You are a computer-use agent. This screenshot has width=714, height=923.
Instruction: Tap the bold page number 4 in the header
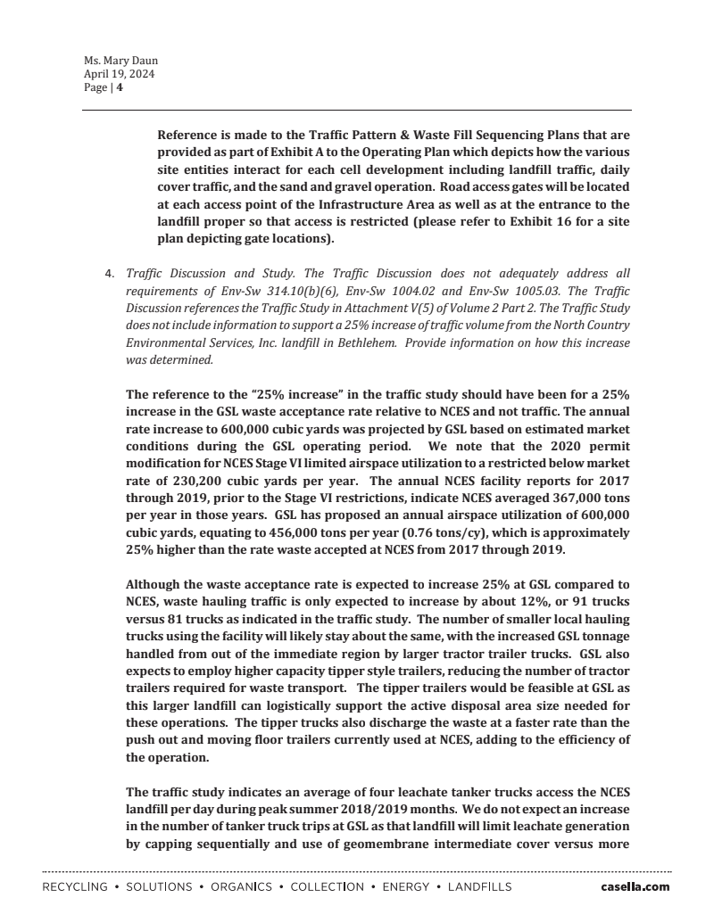pyautogui.click(x=120, y=88)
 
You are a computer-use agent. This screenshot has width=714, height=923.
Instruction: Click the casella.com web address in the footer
pyautogui.click(x=635, y=887)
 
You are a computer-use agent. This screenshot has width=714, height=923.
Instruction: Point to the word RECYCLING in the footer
pyautogui.click(x=75, y=887)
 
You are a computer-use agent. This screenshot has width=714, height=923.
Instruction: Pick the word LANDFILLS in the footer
pyautogui.click(x=479, y=887)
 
